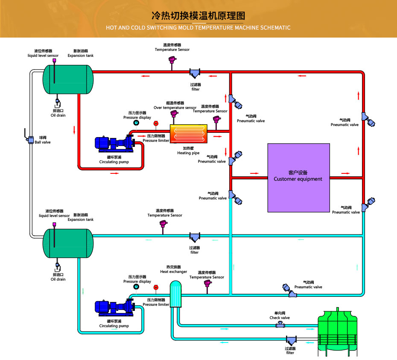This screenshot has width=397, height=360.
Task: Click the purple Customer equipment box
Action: click(x=298, y=178)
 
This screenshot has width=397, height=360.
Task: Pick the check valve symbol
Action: click(x=280, y=325)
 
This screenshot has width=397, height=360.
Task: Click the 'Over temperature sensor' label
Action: click(x=175, y=108)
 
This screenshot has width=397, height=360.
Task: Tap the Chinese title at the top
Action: click(x=198, y=16)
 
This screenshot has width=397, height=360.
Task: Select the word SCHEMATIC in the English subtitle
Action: click(x=272, y=28)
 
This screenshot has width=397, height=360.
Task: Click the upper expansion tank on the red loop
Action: click(x=67, y=79)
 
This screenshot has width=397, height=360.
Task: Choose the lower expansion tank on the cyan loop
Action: click(x=67, y=243)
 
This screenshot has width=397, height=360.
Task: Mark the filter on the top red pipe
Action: click(x=195, y=73)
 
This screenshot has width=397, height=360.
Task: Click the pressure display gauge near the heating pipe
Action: click(x=136, y=123)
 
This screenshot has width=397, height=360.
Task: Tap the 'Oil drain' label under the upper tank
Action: click(x=58, y=115)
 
